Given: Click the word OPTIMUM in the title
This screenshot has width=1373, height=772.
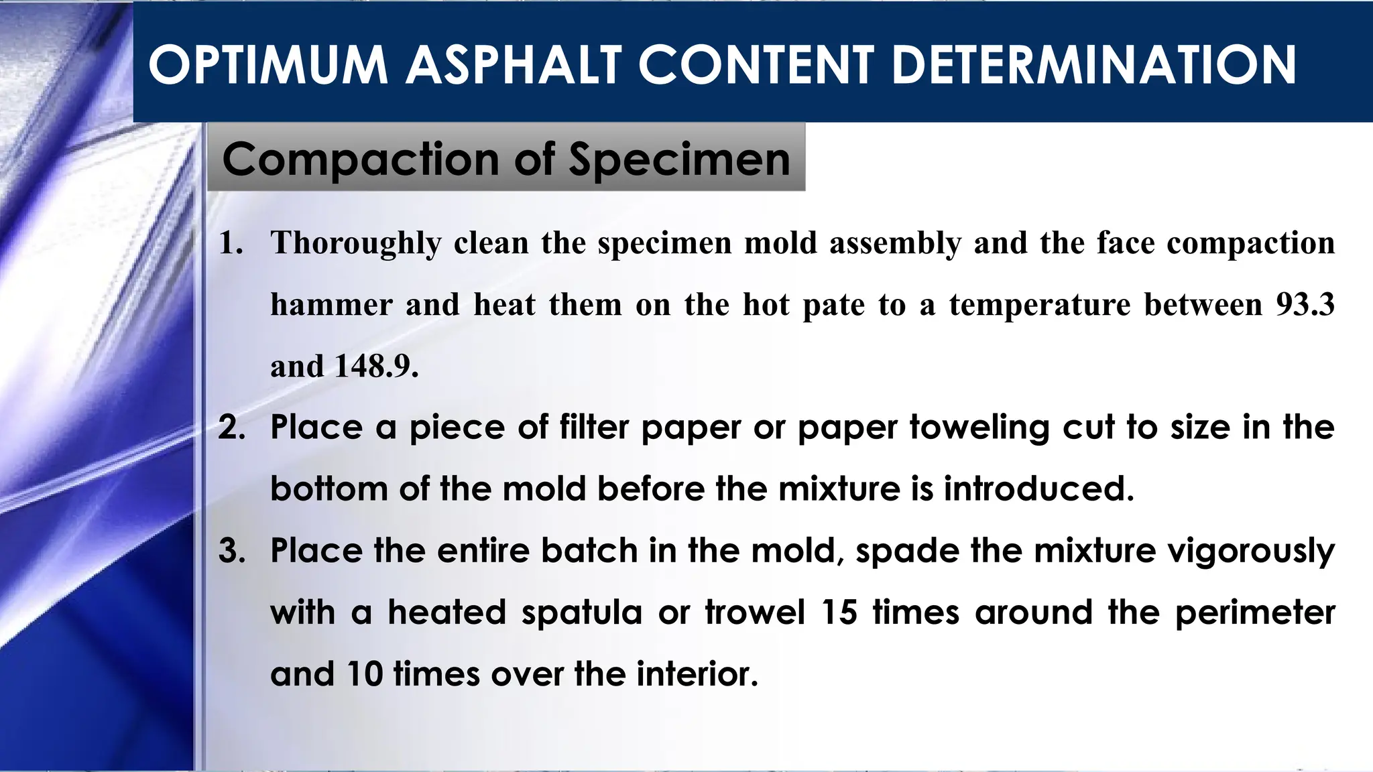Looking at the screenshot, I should (x=268, y=65).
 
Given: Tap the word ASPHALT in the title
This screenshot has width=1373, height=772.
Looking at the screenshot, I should (x=513, y=65).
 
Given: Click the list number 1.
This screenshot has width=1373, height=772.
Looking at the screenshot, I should (x=231, y=243).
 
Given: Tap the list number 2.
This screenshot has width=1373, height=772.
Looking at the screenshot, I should (x=232, y=428).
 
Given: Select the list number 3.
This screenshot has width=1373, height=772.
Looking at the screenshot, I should (x=232, y=551).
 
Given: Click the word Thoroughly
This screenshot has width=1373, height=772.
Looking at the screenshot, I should (x=356, y=243).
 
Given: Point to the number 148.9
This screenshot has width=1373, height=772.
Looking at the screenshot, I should (x=376, y=367).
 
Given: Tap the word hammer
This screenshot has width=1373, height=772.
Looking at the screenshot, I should (x=331, y=305).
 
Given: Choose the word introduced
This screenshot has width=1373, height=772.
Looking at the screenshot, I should (x=1038, y=489).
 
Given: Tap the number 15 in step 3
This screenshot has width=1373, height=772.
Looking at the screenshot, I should (x=838, y=613).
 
